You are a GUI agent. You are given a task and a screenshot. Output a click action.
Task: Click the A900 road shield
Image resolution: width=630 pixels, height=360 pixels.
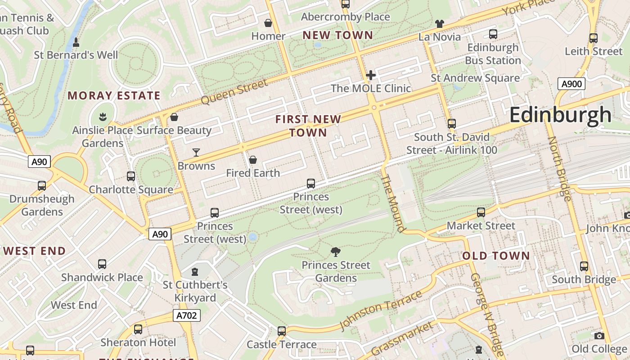pyautogui.click(x=571, y=83)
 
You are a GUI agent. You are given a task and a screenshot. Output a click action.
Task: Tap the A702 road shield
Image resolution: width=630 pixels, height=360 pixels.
pyautogui.click(x=186, y=315)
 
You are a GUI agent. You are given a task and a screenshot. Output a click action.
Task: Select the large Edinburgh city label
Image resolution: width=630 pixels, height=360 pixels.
pyautogui.click(x=560, y=115)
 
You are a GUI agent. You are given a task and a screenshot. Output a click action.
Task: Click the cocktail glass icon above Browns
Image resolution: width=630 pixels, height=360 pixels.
pyautogui.click(x=196, y=153)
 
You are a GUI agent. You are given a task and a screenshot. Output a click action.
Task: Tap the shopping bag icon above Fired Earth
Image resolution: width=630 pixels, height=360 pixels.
pyautogui.click(x=253, y=160)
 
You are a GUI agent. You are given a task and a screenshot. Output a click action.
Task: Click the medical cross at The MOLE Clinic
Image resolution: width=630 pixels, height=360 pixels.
pyautogui.click(x=371, y=75)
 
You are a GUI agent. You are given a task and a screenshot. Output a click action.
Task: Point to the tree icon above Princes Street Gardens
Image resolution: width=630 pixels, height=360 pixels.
pyautogui.click(x=335, y=252)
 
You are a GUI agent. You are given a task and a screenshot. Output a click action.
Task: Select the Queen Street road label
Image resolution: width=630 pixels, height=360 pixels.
pyautogui.click(x=234, y=92)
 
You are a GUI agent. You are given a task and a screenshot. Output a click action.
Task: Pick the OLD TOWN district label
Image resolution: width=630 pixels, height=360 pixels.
pyautogui.click(x=496, y=256)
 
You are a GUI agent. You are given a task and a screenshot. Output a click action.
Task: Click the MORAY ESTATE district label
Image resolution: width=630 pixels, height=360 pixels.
pyautogui.click(x=114, y=95)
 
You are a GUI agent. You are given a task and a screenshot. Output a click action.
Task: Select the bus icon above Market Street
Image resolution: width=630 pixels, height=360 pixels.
pyautogui.click(x=481, y=212)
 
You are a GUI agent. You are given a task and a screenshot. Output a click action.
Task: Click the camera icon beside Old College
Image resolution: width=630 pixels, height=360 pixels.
pyautogui.click(x=599, y=336)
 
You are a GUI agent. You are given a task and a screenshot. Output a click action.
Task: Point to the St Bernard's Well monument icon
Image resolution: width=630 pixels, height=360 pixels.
pyautogui.click(x=76, y=43)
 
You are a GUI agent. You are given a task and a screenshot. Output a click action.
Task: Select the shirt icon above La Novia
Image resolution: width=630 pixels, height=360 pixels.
pyautogui.click(x=440, y=24)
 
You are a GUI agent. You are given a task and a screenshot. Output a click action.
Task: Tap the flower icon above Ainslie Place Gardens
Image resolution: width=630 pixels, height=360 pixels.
pyautogui.click(x=103, y=117)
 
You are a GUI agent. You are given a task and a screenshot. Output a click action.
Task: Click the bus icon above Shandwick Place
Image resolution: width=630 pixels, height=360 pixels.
pyautogui.click(x=102, y=264)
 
